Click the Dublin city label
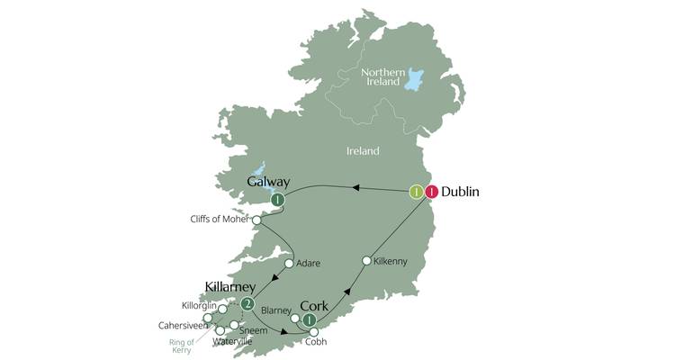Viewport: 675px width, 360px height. click(x=460, y=192)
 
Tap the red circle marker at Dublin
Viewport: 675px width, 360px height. click(x=432, y=192)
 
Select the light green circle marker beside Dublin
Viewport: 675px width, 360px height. click(x=416, y=192)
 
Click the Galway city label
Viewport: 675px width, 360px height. click(x=268, y=183)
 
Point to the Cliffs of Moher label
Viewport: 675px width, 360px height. click(x=220, y=219)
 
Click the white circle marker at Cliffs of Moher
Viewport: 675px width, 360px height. click(x=257, y=220)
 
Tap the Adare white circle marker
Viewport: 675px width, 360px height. click(x=290, y=265)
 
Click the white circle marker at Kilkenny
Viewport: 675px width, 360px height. click(x=366, y=261)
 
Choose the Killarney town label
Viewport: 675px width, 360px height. click(x=231, y=287)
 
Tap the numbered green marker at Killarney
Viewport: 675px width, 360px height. click(x=247, y=303)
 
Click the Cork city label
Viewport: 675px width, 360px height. click(x=314, y=304)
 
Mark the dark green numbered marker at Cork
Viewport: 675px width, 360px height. click(x=310, y=320)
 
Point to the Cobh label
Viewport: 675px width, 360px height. click(x=314, y=343)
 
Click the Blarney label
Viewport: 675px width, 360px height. click(x=275, y=310)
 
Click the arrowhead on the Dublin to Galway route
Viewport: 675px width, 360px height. click(x=356, y=188)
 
